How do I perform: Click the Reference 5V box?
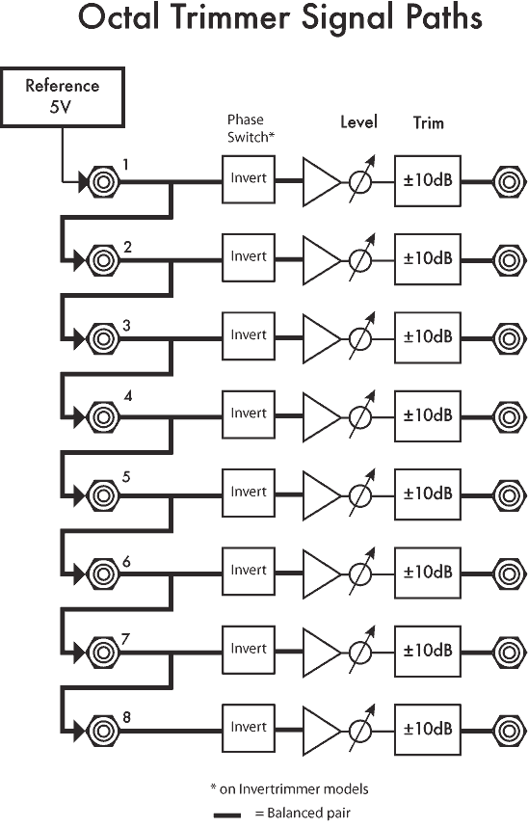(x=63, y=97)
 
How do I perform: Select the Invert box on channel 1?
(x=249, y=179)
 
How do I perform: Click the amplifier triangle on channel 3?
(x=322, y=338)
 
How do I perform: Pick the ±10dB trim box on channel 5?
(x=428, y=494)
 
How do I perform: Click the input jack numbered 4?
(x=103, y=417)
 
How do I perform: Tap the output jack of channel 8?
(x=509, y=731)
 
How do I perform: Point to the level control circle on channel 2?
(x=360, y=260)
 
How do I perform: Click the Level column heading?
(x=358, y=122)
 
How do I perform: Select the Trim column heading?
(x=429, y=122)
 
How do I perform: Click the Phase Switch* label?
(x=251, y=128)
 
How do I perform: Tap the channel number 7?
(x=125, y=639)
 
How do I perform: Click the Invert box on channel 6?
(x=249, y=572)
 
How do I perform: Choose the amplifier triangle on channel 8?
(x=322, y=731)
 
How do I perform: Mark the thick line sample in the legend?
(x=227, y=814)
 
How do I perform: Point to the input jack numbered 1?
(x=103, y=182)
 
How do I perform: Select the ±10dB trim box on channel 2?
(x=428, y=259)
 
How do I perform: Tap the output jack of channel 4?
(x=509, y=417)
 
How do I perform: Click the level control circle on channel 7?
(x=360, y=653)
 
